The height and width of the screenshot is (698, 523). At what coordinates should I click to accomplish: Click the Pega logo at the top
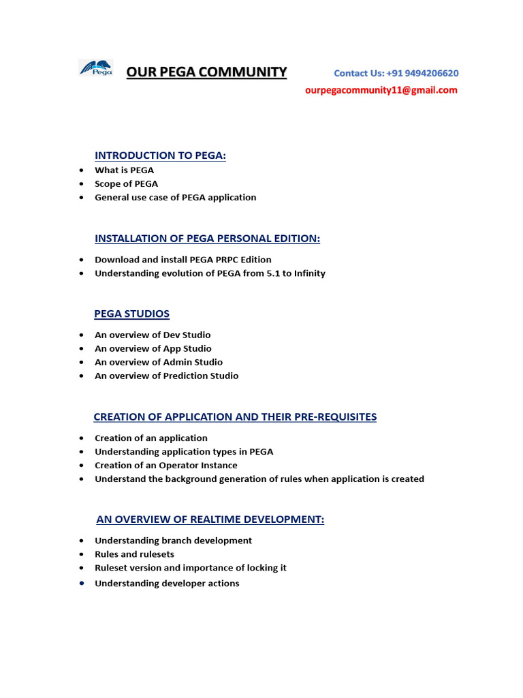[97, 68]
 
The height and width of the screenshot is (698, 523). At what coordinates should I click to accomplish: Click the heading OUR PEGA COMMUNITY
[206, 72]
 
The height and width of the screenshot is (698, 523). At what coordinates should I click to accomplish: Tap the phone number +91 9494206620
[422, 73]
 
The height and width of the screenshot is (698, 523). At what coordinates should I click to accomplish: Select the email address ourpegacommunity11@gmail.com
[381, 90]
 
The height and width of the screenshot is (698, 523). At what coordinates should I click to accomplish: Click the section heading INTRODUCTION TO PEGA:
[160, 155]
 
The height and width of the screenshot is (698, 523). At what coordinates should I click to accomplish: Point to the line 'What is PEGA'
[124, 170]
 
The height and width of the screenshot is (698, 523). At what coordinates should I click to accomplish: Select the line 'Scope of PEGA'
[126, 183]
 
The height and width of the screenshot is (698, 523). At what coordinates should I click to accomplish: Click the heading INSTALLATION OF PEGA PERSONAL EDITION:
[207, 238]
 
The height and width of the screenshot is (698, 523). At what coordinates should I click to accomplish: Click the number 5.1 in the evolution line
[262, 273]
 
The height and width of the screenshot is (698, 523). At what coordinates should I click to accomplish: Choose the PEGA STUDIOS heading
[131, 314]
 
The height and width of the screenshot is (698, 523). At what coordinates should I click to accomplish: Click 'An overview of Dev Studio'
[153, 335]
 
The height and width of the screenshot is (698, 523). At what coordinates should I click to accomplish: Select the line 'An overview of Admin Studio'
[159, 362]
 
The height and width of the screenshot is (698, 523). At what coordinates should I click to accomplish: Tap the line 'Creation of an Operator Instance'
[166, 465]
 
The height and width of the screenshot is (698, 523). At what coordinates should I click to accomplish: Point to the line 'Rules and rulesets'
[134, 554]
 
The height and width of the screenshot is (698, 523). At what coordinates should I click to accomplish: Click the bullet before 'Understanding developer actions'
[82, 583]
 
